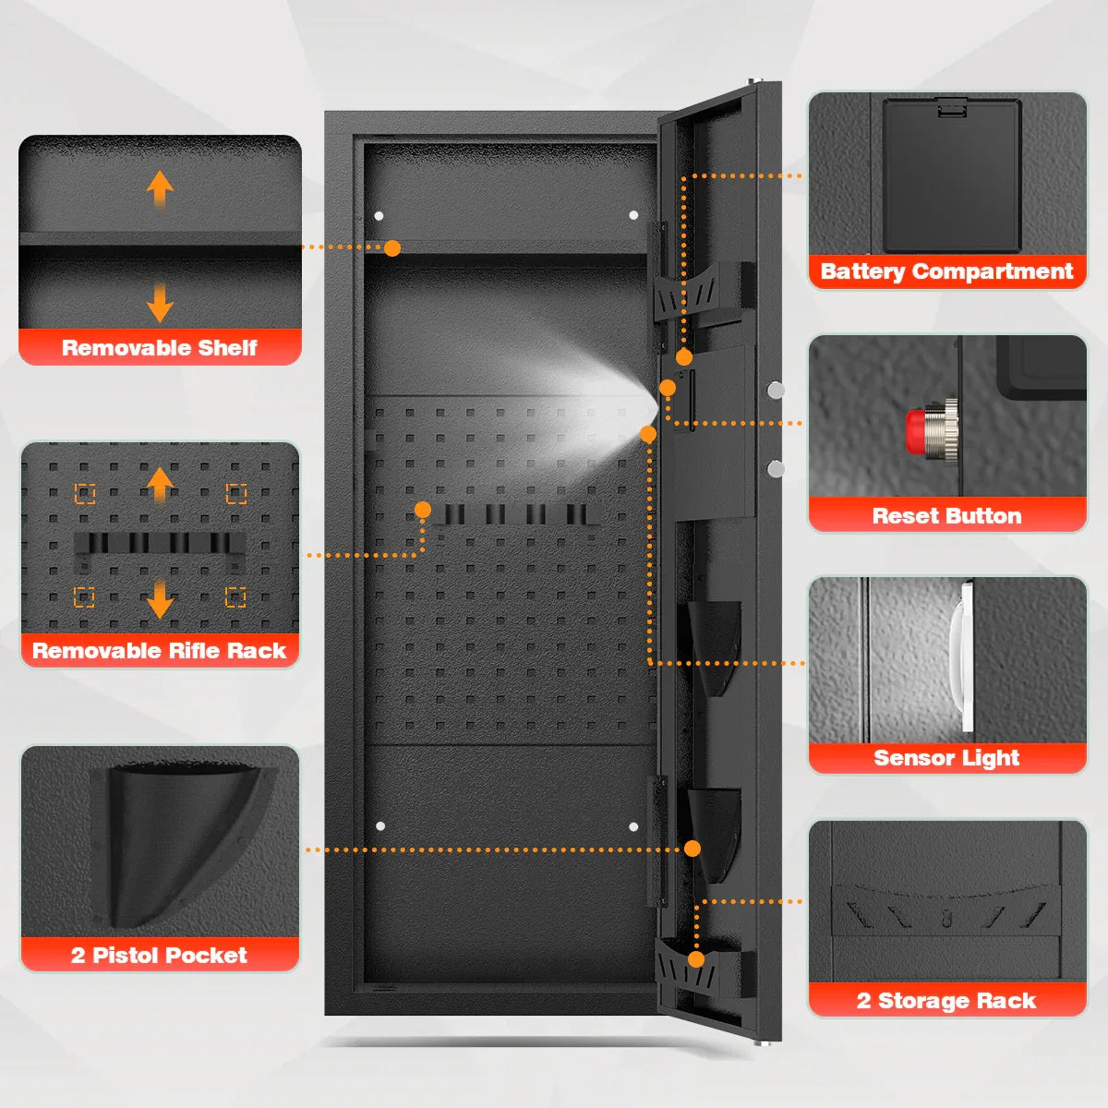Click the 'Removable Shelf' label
pyautogui.click(x=160, y=348)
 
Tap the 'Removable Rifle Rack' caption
pyautogui.click(x=160, y=651)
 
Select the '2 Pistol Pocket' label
pyautogui.click(x=160, y=955)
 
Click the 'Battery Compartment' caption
pyautogui.click(x=947, y=271)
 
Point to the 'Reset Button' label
pyautogui.click(x=947, y=516)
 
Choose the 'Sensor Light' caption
pyautogui.click(x=947, y=758)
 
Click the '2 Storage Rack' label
pyautogui.click(x=947, y=1001)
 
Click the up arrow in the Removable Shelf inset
pyautogui.click(x=160, y=188)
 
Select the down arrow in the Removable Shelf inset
pyautogui.click(x=160, y=303)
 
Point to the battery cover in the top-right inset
pyautogui.click(x=951, y=175)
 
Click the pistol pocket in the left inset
pyautogui.click(x=175, y=840)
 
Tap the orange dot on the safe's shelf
pyautogui.click(x=392, y=247)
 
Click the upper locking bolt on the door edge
pyautogui.click(x=776, y=391)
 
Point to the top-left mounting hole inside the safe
pyautogui.click(x=379, y=216)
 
